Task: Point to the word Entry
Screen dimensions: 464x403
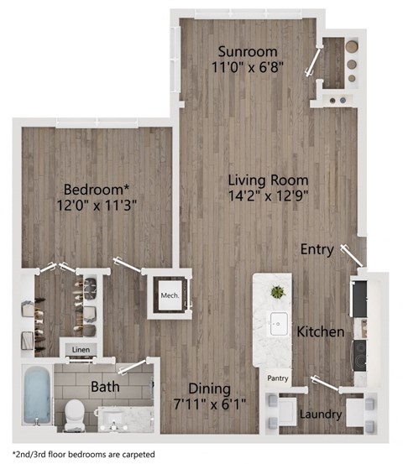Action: click(317, 250)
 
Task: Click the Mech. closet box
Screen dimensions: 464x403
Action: click(170, 295)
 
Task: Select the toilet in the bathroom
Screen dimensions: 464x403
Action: click(76, 412)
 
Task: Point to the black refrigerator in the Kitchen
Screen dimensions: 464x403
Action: click(359, 299)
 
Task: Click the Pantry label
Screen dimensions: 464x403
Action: click(278, 378)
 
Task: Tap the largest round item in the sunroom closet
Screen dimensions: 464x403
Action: click(352, 47)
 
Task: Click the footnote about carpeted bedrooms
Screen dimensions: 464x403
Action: click(83, 452)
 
